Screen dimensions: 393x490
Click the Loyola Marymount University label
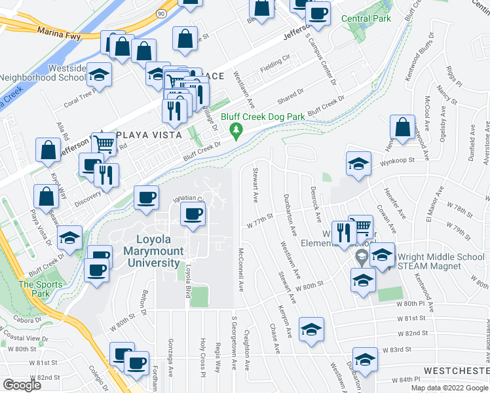pos(158,251)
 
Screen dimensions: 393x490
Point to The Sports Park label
pos(40,289)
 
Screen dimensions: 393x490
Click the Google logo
pos(22,384)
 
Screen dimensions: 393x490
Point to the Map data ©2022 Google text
pos(449,388)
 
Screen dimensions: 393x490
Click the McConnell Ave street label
pos(240,269)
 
